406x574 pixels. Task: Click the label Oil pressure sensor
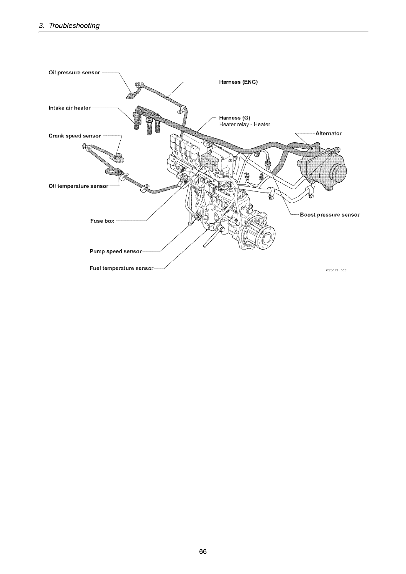coord(74,73)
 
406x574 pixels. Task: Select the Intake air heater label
coord(69,108)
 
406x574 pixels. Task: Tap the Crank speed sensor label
coord(75,136)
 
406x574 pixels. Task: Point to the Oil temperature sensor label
coord(78,186)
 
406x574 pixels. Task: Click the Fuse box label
coord(102,221)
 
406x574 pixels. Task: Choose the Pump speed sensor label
coord(115,251)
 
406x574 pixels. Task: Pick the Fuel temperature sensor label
coord(121,269)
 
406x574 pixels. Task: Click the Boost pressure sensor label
coord(330,215)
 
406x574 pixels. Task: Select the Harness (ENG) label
coord(238,82)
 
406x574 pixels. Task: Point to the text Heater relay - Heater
coord(245,124)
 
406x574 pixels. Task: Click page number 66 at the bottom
coord(203,552)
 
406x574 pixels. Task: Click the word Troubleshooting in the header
coord(74,26)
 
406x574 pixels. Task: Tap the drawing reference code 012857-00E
coord(336,270)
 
